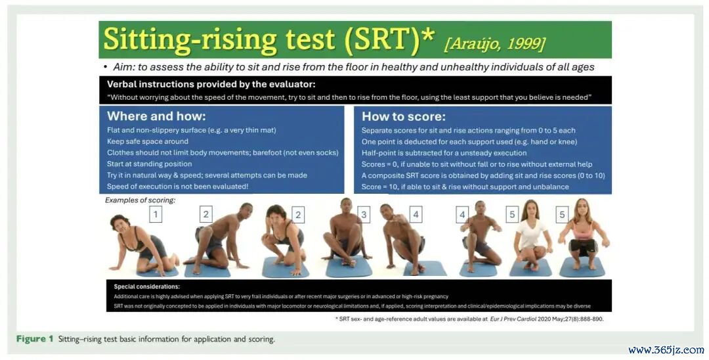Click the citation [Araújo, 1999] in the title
(x=495, y=44)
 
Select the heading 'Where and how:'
(x=156, y=116)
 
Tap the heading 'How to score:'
(x=403, y=117)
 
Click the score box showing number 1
(x=156, y=214)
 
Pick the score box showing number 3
(x=364, y=215)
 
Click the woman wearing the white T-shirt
(x=532, y=235)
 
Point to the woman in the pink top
(x=584, y=235)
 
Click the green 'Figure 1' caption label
(x=35, y=339)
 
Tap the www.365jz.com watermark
(x=666, y=349)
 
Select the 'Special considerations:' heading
(x=146, y=286)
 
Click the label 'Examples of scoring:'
(x=140, y=200)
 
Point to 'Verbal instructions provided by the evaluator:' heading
(x=211, y=84)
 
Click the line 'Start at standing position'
(x=149, y=164)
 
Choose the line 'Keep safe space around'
(x=148, y=141)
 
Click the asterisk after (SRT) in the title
(x=427, y=34)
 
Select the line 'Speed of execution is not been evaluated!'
(x=178, y=187)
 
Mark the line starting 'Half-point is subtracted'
(x=444, y=153)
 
